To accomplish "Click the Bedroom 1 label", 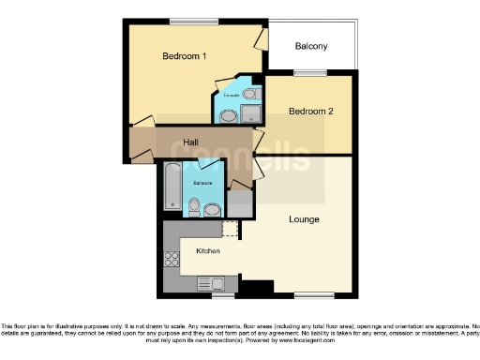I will pos(185,56).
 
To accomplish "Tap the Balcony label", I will pos(310,46).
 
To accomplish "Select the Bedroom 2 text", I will pos(310,112).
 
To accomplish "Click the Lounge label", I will pos(304,219).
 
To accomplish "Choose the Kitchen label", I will pos(208,251).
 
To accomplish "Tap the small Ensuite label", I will pos(231,95).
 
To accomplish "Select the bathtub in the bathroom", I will pos(172,187).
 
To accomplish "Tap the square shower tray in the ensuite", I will pos(250,114).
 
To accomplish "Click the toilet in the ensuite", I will pos(228,116).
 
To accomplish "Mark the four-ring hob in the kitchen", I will pos(172,259).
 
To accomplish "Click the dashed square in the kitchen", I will pos(230,230).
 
